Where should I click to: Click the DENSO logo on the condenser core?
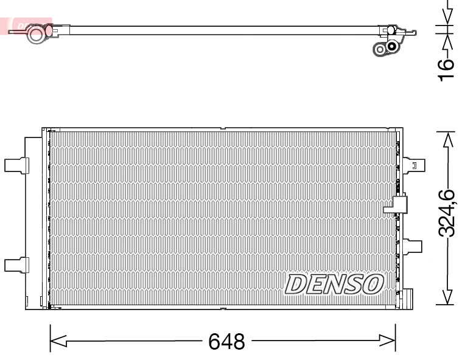pyautogui.click(x=335, y=283)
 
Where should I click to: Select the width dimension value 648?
pyautogui.click(x=226, y=342)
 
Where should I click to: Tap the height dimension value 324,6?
pyautogui.click(x=447, y=213)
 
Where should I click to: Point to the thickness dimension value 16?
pyautogui.click(x=447, y=68)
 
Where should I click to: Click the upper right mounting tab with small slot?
pyautogui.click(x=413, y=165)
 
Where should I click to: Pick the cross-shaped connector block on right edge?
pyautogui.click(x=397, y=205)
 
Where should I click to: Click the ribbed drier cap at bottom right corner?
pyautogui.click(x=407, y=300)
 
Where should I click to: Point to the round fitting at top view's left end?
pyautogui.click(x=37, y=34)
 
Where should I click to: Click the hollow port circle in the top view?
pyautogui.click(x=381, y=49)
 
